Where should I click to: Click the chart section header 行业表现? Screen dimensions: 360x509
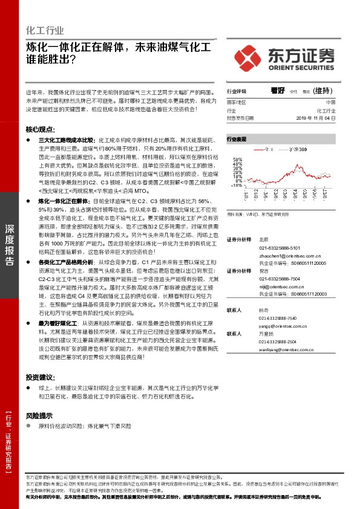[x=237, y=139]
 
